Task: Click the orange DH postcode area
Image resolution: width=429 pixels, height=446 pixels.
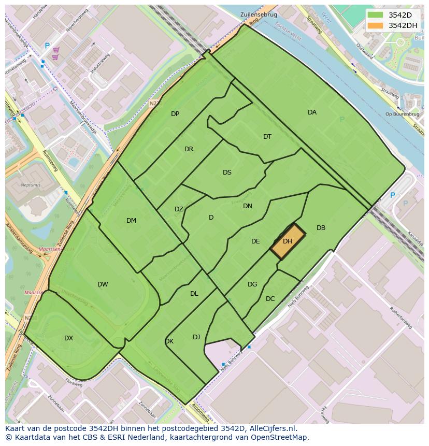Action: pos(288,241)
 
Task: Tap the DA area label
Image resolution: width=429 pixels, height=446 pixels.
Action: pos(312,112)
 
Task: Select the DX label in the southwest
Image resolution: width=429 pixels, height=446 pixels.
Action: pos(68,338)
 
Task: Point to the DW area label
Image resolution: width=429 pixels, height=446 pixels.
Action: pos(103,284)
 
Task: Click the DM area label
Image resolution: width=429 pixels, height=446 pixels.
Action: pos(131,221)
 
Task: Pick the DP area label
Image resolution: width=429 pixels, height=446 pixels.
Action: pos(175,114)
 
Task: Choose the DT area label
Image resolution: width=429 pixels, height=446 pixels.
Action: pos(267,137)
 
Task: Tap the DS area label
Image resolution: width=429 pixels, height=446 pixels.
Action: pos(227,172)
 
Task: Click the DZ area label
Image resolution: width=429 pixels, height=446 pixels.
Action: pos(179,209)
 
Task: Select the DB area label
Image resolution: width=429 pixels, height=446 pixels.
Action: pos(321,228)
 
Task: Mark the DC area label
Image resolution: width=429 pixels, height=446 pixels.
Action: pos(270,299)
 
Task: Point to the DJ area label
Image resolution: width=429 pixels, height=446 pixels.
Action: pos(196,337)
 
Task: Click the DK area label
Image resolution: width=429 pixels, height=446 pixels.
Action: pos(169,341)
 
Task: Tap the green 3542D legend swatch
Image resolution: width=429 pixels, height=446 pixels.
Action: pos(375,15)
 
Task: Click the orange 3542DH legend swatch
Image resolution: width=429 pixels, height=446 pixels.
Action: pos(375,25)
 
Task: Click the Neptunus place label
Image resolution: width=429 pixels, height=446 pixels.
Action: pos(31,184)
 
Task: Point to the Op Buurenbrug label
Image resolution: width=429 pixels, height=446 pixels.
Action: pos(398,114)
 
